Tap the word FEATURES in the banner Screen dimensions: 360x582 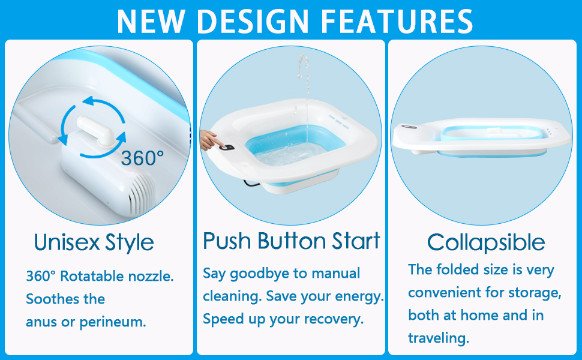click(x=397, y=21)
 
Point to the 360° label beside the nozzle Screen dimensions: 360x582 click(x=142, y=158)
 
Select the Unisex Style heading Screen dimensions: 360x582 click(x=94, y=242)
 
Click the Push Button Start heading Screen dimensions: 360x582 click(x=292, y=241)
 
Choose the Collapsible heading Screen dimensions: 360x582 click(x=486, y=242)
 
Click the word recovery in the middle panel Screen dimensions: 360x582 click(x=334, y=319)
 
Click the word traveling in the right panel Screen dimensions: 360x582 click(x=439, y=338)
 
